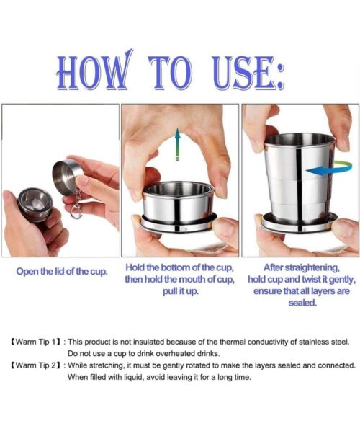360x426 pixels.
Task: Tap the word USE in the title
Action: point(242,73)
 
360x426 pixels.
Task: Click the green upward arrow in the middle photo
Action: point(177,144)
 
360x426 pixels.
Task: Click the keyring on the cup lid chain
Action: point(76,213)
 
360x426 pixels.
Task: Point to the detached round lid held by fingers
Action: point(66,177)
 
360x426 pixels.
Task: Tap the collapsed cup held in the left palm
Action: point(35,204)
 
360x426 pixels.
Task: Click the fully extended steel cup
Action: point(300,182)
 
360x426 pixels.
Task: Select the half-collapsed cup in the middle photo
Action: point(179,206)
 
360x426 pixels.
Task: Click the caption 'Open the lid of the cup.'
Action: point(62,272)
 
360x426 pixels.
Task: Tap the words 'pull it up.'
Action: point(181,291)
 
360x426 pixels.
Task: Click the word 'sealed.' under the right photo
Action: point(302,303)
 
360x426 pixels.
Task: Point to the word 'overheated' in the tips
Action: point(172,354)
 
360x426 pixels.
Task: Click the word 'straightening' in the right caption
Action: point(312,268)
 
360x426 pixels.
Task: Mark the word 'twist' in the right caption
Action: point(311,279)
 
